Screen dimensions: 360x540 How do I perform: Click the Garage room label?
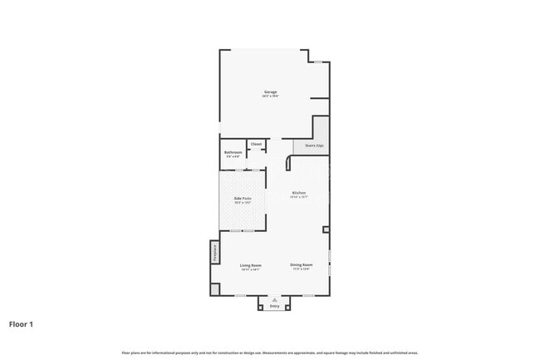pyautogui.click(x=271, y=91)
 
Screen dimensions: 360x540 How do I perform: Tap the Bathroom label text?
pyautogui.click(x=233, y=152)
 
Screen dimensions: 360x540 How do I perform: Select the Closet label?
pyautogui.click(x=257, y=144)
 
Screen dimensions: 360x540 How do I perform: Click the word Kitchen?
pyautogui.click(x=299, y=193)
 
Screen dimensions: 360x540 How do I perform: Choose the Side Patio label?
pyautogui.click(x=243, y=198)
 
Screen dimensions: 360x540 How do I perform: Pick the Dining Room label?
pyautogui.click(x=301, y=264)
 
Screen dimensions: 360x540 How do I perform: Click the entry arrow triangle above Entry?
pyautogui.click(x=275, y=298)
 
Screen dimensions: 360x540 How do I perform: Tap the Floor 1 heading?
pyautogui.click(x=22, y=324)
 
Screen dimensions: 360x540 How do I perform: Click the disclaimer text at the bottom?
pyautogui.click(x=271, y=352)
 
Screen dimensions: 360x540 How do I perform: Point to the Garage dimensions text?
pyautogui.click(x=271, y=96)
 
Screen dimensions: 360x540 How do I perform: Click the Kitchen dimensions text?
pyautogui.click(x=299, y=197)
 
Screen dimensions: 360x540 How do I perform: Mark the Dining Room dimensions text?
pyautogui.click(x=301, y=269)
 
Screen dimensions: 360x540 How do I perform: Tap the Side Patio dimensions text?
pyautogui.click(x=243, y=202)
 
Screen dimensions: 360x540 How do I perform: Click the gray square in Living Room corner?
pyautogui.click(x=214, y=288)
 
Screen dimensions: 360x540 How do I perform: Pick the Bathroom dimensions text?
pyautogui.click(x=233, y=156)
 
